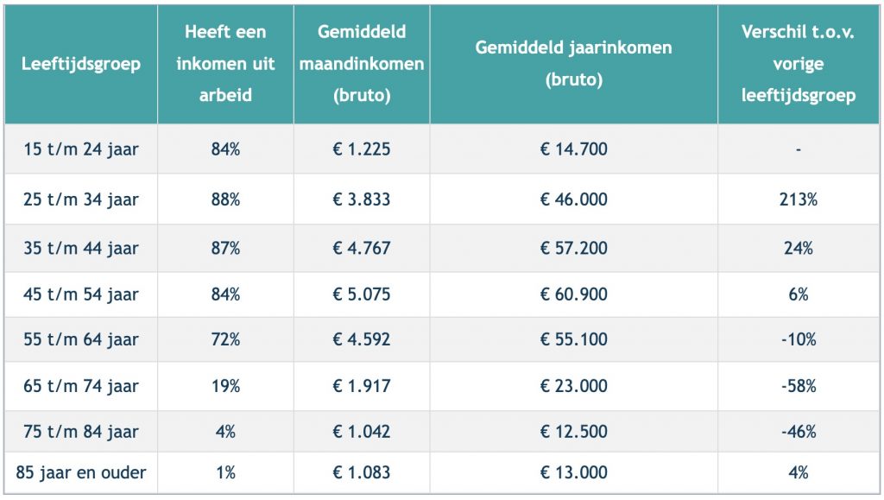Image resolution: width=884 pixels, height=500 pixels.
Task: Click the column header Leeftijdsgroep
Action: pyautogui.click(x=81, y=64)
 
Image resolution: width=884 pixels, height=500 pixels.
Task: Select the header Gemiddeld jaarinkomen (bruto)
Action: pyautogui.click(x=573, y=64)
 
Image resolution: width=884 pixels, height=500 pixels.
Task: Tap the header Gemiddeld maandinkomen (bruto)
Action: pyautogui.click(x=362, y=64)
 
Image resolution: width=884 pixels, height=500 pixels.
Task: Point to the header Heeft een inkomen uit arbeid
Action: pyautogui.click(x=225, y=64)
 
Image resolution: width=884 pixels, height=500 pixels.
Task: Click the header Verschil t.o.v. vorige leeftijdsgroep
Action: pyautogui.click(x=799, y=64)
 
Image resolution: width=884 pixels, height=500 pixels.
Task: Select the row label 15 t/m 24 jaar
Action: pyautogui.click(x=81, y=149)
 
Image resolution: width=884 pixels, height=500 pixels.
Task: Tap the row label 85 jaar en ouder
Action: pyautogui.click(x=81, y=472)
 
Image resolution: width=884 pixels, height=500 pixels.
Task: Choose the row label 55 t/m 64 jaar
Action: pyautogui.click(x=81, y=339)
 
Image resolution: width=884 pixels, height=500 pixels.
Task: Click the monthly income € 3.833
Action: pyautogui.click(x=362, y=199)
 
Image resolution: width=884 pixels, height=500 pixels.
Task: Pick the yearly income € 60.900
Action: pyautogui.click(x=573, y=294)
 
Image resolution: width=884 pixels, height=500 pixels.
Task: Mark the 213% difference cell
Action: pyautogui.click(x=799, y=199)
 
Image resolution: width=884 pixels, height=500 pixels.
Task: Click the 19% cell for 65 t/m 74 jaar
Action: pyautogui.click(x=225, y=386)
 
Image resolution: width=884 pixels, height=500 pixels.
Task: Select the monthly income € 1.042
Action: pyautogui.click(x=362, y=432)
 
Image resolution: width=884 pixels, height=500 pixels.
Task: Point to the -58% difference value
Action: pyautogui.click(x=799, y=386)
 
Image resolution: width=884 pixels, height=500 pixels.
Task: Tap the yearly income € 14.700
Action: pyautogui.click(x=573, y=149)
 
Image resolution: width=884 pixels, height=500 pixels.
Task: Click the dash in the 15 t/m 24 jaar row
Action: pyautogui.click(x=799, y=150)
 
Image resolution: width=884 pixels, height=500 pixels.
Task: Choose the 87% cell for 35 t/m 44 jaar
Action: pyautogui.click(x=225, y=248)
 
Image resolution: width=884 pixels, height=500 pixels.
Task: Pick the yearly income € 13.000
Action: pyautogui.click(x=573, y=472)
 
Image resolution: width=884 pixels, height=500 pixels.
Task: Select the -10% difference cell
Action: pyautogui.click(x=799, y=339)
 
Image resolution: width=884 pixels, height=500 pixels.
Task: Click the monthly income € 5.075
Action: pyautogui.click(x=362, y=294)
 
